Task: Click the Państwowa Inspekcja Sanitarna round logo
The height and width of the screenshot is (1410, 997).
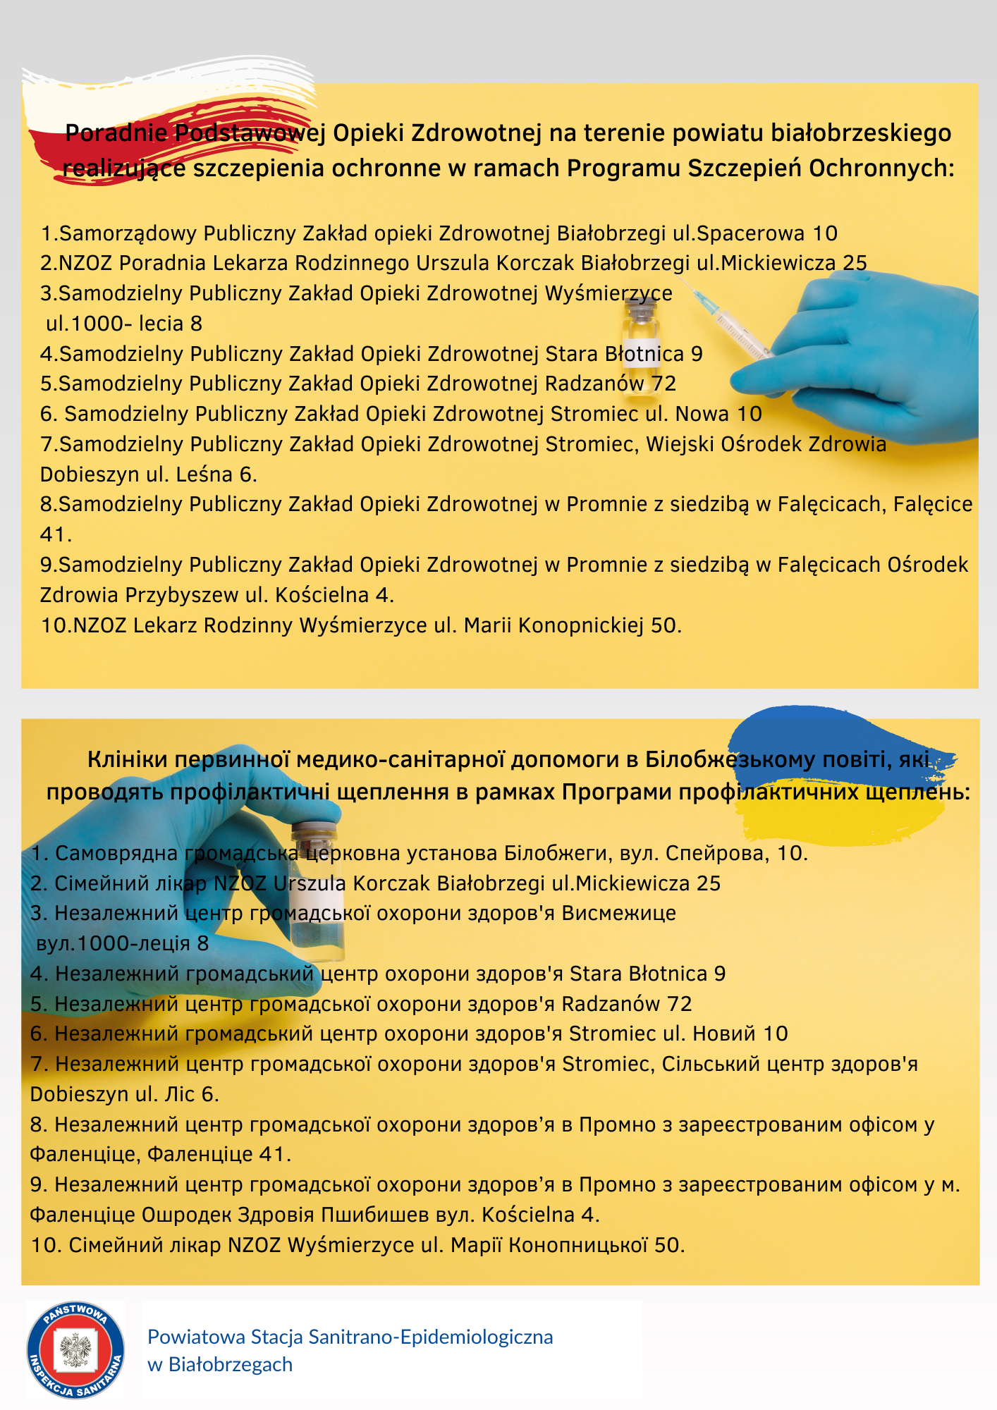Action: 75,1350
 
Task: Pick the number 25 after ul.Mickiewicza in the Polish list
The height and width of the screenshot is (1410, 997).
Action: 855,263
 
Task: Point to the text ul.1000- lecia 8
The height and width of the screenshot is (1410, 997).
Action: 124,324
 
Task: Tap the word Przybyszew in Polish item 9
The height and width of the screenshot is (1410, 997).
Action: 182,595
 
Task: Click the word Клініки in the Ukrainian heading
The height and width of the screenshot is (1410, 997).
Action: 128,759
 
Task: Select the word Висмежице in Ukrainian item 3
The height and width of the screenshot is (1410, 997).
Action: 618,913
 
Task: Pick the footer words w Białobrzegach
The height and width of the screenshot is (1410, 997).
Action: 220,1365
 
